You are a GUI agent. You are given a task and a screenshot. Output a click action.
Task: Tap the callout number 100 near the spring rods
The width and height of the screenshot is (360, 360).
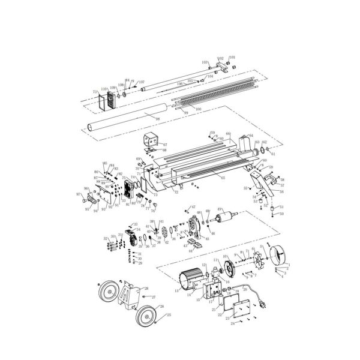(x=198, y=109)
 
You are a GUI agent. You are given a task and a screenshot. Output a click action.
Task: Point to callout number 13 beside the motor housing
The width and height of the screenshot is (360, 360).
(x=177, y=290)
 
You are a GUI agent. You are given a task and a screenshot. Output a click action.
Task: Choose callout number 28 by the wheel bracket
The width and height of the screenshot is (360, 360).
(x=146, y=289)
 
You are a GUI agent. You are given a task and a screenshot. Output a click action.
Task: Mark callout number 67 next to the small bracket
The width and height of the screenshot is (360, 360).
(x=165, y=145)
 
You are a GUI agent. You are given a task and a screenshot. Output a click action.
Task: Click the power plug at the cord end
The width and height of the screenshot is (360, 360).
(x=262, y=305)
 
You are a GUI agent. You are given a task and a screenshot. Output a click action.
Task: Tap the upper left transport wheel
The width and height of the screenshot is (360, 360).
(x=109, y=293)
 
